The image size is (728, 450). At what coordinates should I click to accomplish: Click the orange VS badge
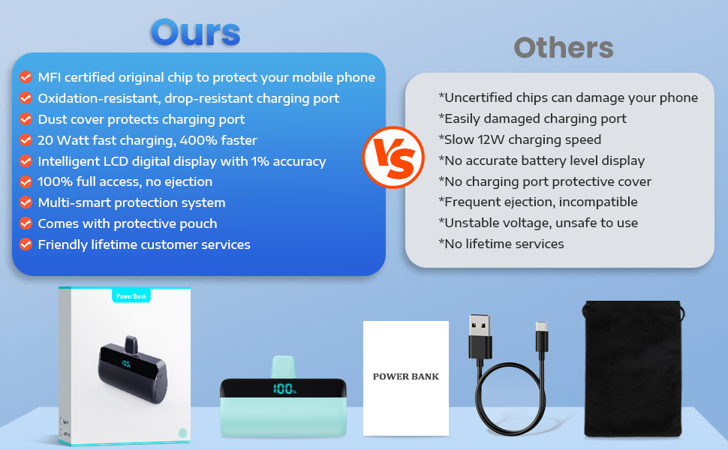pos(393,157)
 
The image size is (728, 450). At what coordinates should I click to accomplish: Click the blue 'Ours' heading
pos(195,32)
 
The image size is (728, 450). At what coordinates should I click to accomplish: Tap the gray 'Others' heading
pos(564,47)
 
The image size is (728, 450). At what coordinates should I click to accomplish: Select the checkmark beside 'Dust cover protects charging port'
pos(26,119)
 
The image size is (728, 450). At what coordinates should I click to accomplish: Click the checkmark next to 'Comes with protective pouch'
pos(26,223)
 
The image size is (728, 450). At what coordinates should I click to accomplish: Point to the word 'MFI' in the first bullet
pos(50,77)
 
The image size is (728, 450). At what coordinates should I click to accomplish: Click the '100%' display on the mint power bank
pos(284,388)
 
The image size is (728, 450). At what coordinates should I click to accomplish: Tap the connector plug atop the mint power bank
pos(283,367)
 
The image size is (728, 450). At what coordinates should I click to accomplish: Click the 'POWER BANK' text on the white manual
pos(406,376)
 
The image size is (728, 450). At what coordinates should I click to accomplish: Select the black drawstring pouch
pos(633,369)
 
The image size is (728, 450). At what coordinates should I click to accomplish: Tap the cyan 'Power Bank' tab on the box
pos(131,295)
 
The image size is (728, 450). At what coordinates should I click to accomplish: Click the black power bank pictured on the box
pos(132,370)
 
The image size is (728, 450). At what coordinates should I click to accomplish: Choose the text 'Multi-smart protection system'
pos(131,202)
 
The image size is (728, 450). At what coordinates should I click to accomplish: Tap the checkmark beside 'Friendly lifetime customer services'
pos(26,244)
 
